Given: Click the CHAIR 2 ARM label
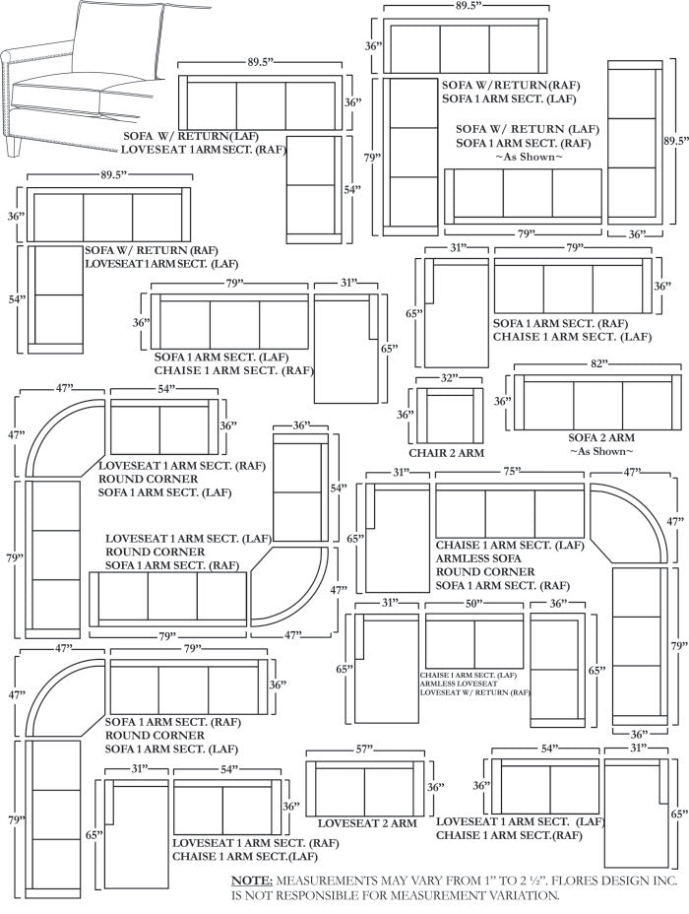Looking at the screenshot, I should coord(446,453).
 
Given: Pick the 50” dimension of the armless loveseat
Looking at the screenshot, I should coord(473,603).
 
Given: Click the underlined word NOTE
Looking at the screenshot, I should coord(252,880).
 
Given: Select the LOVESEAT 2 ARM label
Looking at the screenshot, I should coord(366,822).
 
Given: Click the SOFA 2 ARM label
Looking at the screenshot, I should coord(600,437).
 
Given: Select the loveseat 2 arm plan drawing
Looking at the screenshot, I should coord(364,788).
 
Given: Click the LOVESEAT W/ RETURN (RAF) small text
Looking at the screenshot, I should coord(474,692).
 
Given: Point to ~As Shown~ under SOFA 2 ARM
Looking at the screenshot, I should coord(600,451).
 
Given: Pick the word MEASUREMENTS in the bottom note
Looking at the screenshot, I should coord(326,880).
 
